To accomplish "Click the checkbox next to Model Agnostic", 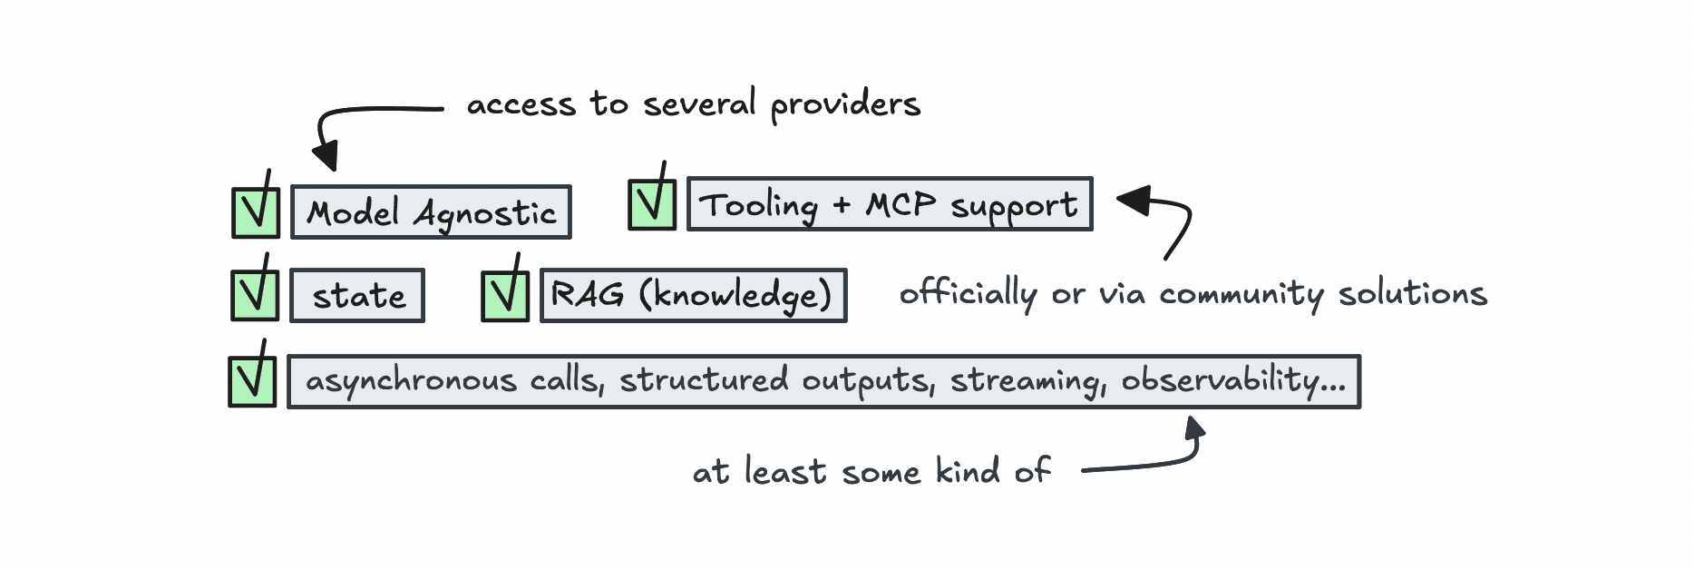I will (256, 212).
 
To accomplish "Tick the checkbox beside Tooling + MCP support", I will (652, 204).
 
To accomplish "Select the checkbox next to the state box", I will (255, 295).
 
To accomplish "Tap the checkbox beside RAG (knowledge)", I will (505, 296).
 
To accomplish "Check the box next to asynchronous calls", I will (252, 381).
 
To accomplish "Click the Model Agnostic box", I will (431, 212).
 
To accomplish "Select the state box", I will (357, 296).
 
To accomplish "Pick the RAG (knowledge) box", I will (693, 296).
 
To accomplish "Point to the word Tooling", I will (759, 205).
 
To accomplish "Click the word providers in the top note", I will (845, 105).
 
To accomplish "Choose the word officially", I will (968, 293).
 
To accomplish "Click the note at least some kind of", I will (871, 471).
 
